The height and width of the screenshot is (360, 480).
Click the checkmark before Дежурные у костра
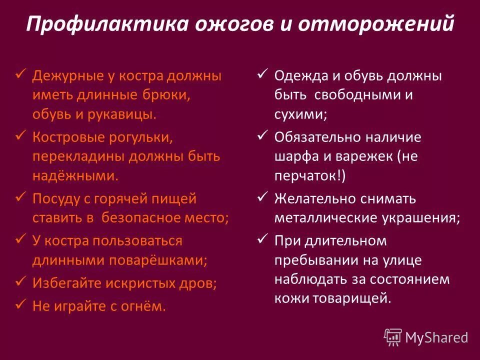click(21, 75)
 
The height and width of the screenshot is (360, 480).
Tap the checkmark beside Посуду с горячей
click(21, 197)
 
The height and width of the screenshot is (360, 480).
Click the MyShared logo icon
click(393, 337)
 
